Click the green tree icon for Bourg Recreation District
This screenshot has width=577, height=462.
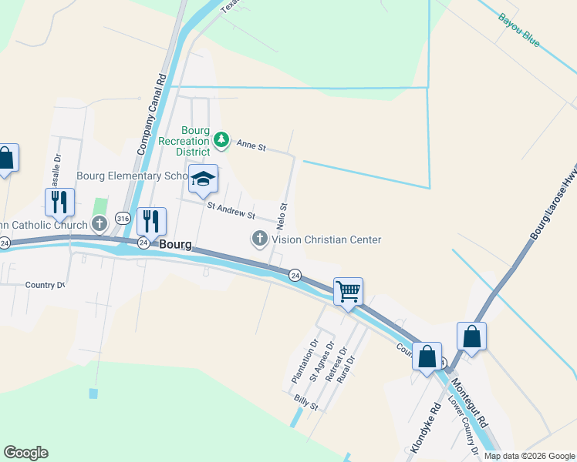[x=222, y=139]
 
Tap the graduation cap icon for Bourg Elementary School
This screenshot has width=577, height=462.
[x=203, y=179]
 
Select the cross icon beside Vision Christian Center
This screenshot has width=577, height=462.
[x=260, y=239]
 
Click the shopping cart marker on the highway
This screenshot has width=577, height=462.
[x=348, y=292]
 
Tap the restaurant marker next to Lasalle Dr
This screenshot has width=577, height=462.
[x=59, y=202]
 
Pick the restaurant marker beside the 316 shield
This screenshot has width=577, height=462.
[x=152, y=221]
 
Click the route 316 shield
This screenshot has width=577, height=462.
[x=123, y=218]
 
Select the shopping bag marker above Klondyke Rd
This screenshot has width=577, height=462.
[x=427, y=357]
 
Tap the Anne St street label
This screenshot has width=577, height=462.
[x=251, y=145]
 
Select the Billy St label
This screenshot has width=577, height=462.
[x=307, y=403]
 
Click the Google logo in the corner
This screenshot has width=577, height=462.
[x=25, y=453]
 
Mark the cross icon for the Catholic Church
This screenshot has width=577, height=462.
[x=99, y=225]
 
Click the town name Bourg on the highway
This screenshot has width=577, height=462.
[x=175, y=244]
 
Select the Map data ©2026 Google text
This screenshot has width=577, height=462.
[x=529, y=456]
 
